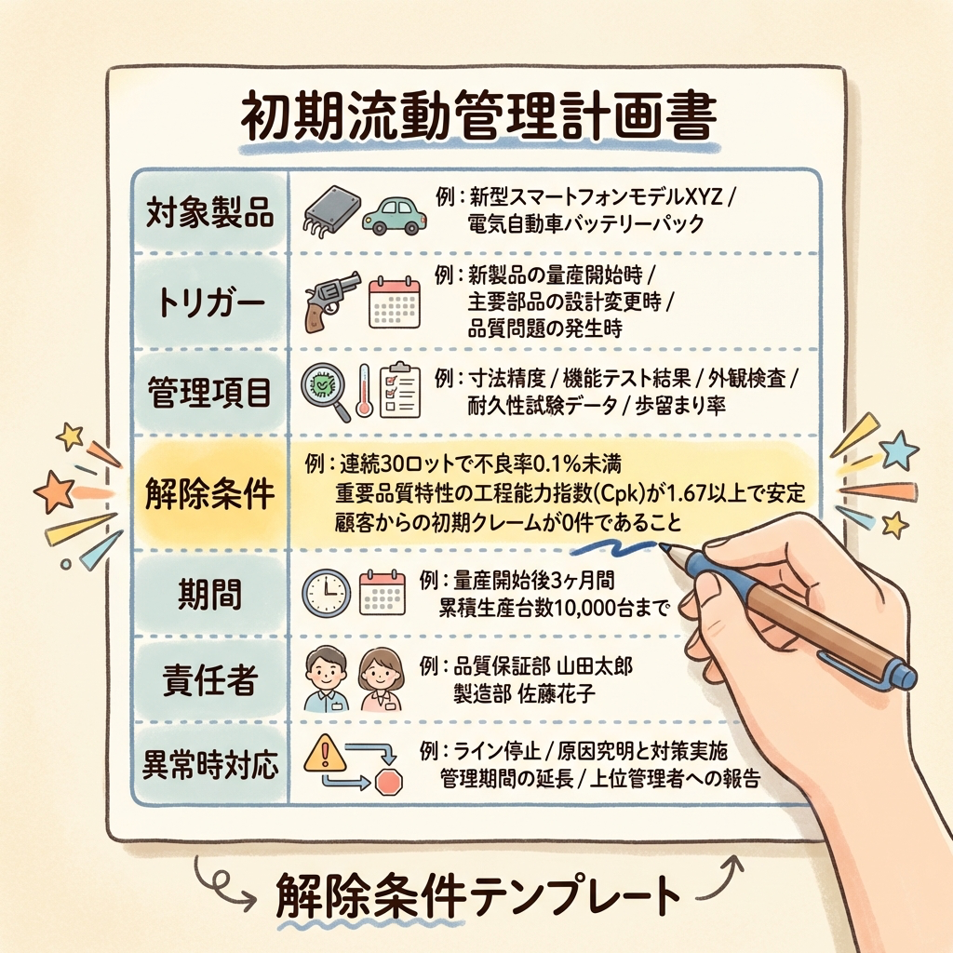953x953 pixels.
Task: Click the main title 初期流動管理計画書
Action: tap(479, 117)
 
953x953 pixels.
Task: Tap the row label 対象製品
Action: tap(209, 213)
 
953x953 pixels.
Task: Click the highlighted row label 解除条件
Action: tap(209, 493)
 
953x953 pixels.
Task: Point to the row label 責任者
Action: tap(209, 679)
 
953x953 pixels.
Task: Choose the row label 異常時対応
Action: tap(209, 765)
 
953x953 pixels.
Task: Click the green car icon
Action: tap(394, 215)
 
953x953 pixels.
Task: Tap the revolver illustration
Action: tap(330, 302)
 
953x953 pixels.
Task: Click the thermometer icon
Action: tap(364, 390)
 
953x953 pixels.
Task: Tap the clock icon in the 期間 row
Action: tap(327, 593)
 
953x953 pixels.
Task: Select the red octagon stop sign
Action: tap(389, 782)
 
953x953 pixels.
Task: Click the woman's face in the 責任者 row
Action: tap(381, 671)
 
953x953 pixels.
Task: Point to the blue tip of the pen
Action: tap(664, 546)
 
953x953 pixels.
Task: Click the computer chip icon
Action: tap(331, 210)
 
